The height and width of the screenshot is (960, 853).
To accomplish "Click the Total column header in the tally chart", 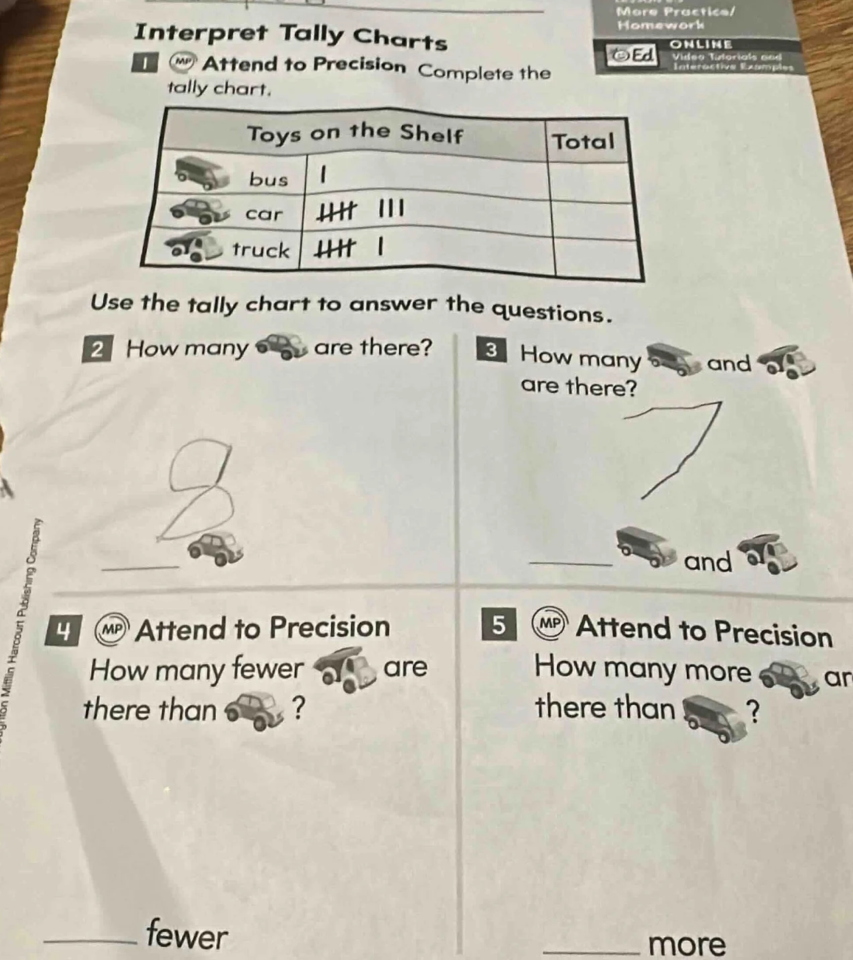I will pyautogui.click(x=583, y=141).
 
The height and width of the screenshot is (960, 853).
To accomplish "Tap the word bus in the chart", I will pyautogui.click(x=269, y=179).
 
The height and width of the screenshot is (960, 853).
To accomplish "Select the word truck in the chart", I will pyautogui.click(x=261, y=250).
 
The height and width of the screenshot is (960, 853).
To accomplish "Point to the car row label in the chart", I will pyautogui.click(x=264, y=214).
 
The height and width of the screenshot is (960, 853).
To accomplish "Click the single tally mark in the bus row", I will pyautogui.click(x=322, y=176).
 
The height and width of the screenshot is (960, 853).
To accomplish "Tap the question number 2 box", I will pyautogui.click(x=97, y=350).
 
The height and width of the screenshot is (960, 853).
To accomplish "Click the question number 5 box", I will pyautogui.click(x=498, y=624).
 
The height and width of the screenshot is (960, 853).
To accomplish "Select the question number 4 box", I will pyautogui.click(x=64, y=632).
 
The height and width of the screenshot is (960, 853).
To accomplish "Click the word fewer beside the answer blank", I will pyautogui.click(x=187, y=935).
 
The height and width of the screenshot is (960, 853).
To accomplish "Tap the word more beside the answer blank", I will pyautogui.click(x=687, y=944).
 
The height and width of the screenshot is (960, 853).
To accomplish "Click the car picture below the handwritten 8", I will pyautogui.click(x=216, y=547).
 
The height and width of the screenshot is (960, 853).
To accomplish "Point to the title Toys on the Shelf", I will pyautogui.click(x=354, y=133).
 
